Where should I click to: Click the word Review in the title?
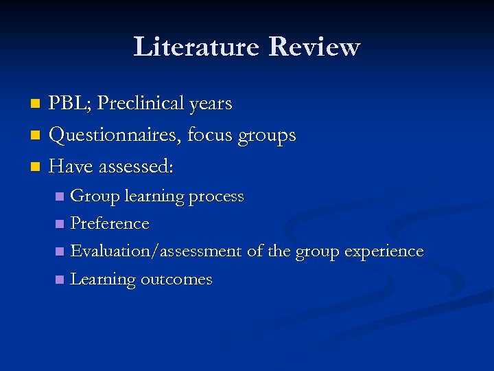[x=314, y=47]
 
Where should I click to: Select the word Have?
[x=72, y=167]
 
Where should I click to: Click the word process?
[x=216, y=197]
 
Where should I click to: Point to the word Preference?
[x=110, y=224]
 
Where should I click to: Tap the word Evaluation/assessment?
[x=156, y=251]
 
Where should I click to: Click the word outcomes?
[x=176, y=280]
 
